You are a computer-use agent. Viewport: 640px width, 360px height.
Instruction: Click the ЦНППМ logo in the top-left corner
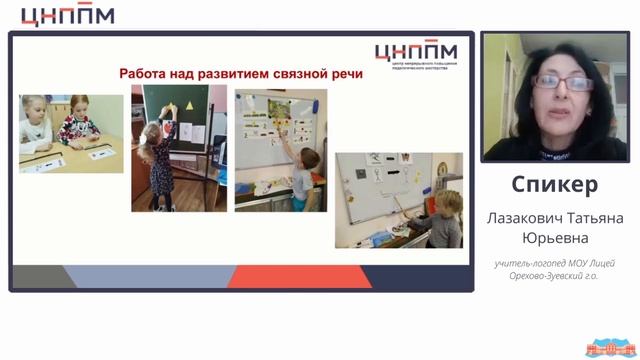pos(67,15)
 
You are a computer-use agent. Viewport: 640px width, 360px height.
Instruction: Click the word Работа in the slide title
pos(147,74)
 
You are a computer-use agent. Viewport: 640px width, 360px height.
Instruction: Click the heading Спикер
pos(554,185)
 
